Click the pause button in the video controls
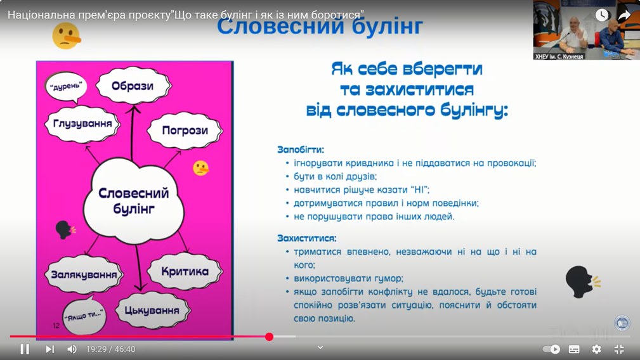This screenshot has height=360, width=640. click(x=25, y=349)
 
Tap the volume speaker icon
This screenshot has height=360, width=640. click(x=72, y=349)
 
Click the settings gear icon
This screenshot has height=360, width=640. click(x=596, y=349)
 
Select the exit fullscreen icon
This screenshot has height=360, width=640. click(x=619, y=349)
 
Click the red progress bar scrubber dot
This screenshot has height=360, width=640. click(x=269, y=337)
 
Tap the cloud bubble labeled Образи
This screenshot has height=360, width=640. click(x=133, y=86)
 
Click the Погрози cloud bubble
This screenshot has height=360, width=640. click(x=185, y=131)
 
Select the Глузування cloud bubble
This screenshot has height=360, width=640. click(x=82, y=124)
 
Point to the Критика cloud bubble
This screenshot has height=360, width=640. click(x=185, y=271)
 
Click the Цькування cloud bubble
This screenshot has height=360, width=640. click(x=152, y=311)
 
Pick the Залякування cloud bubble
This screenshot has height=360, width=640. click(x=84, y=274)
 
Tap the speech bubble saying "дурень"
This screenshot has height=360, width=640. click(x=66, y=86)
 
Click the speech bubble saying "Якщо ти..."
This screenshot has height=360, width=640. click(x=84, y=315)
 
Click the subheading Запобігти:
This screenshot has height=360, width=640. click(x=301, y=150)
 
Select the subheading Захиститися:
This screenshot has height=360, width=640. click(x=307, y=238)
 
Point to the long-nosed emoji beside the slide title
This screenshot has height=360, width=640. click(x=66, y=36)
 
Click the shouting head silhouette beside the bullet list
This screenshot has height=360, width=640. click(x=582, y=281)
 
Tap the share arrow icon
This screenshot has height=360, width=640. click(x=624, y=15)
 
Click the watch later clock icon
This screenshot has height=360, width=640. click(x=602, y=15)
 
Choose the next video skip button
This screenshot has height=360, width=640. click(x=50, y=349)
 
